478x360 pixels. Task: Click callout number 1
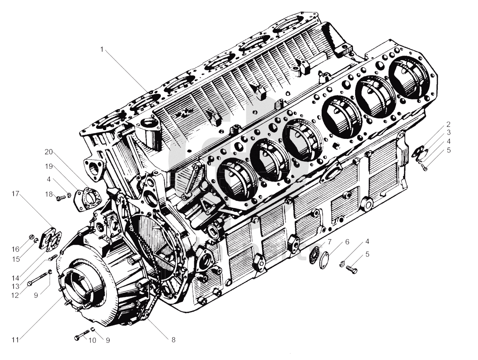102,49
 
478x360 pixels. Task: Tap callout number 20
49,152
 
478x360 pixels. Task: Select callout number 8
174,340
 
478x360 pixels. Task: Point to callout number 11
15,340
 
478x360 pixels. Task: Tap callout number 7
329,242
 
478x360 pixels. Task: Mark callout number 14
16,278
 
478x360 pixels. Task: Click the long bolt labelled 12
38,279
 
